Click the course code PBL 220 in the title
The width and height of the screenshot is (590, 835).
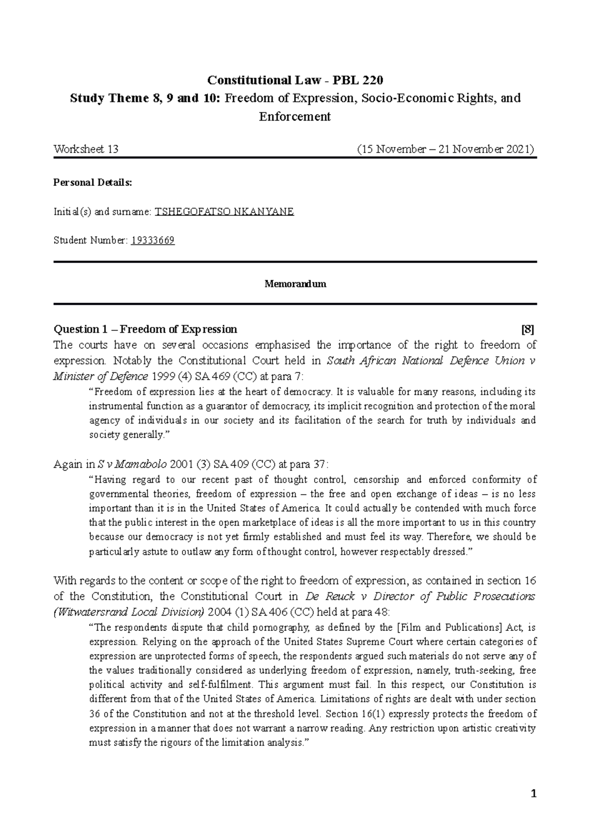coord(361,80)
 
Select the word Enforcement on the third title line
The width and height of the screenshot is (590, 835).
coord(295,117)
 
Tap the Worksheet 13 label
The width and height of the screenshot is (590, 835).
coord(86,149)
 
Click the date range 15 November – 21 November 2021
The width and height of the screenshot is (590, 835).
coord(446,149)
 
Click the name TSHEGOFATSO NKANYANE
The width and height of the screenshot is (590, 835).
coord(224,212)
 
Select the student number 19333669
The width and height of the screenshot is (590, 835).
coord(152,240)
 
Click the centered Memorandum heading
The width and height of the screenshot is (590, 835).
coord(295,284)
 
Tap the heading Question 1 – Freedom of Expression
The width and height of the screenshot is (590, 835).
coord(145,329)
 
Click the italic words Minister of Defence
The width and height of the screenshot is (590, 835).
coord(100,377)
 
